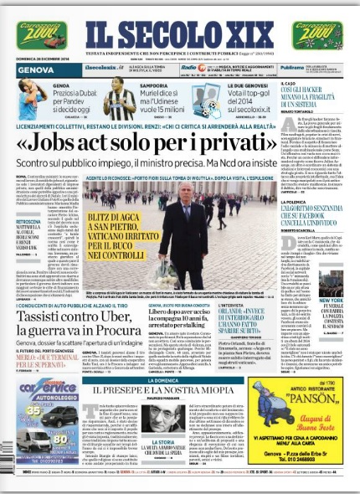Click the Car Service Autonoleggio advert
47,414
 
